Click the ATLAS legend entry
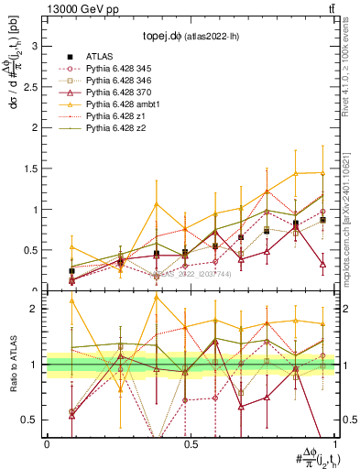(x=99, y=56)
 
